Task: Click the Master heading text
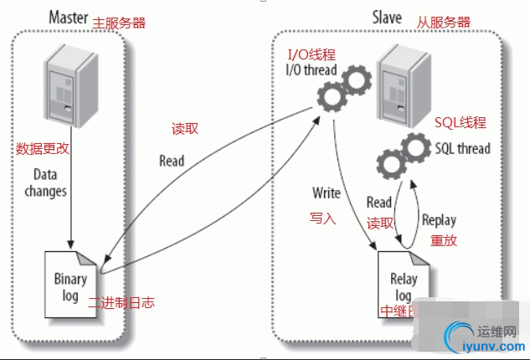(68, 16)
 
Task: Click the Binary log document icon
(70, 271)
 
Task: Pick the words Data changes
(49, 183)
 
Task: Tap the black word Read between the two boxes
(172, 160)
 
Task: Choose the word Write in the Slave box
(326, 193)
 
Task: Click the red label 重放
(443, 239)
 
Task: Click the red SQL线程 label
(461, 123)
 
